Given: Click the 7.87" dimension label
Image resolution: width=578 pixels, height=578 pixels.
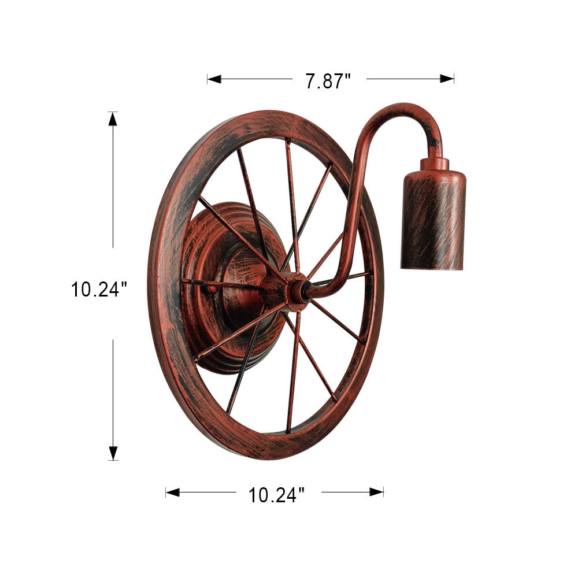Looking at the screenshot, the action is [328, 81].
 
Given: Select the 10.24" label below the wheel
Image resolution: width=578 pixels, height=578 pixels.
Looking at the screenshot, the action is [276, 495].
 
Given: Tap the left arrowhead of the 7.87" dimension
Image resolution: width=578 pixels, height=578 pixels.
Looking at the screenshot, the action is [214, 79].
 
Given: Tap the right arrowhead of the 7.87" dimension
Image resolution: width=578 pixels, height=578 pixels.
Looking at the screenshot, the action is [447, 79].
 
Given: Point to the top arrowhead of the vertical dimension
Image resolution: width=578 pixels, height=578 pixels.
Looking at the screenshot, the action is [113, 119].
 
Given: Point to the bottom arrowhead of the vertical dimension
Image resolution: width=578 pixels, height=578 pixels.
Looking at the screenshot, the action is [113, 453].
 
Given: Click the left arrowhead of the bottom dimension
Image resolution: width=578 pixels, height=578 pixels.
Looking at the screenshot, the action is [172, 492].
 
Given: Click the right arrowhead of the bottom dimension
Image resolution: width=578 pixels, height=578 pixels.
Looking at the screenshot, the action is [376, 492].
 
